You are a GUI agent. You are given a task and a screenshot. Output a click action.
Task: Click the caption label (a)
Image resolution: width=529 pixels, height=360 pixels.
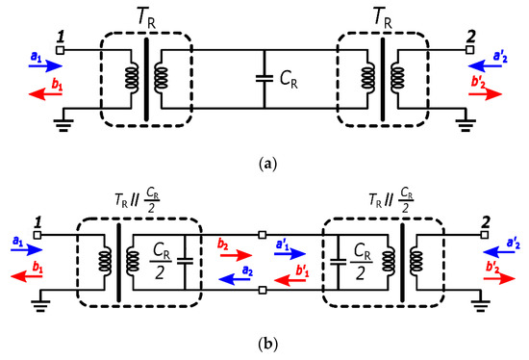click(x=264, y=164)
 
